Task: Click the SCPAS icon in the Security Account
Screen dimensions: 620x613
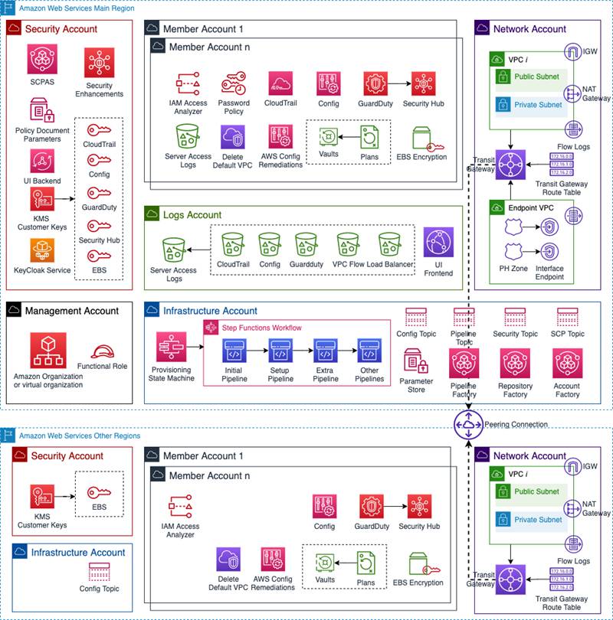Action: pos(43,59)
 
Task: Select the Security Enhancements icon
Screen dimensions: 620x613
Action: pos(100,63)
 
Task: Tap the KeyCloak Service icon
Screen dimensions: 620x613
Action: pos(43,251)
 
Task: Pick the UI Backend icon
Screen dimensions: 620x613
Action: pos(43,162)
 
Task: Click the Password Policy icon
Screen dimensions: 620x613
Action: pos(233,83)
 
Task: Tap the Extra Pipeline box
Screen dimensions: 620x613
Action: pos(325,354)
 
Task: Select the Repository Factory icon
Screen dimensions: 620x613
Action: pos(515,364)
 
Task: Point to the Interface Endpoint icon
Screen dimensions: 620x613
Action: pos(549,252)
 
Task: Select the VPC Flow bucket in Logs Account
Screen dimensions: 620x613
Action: pos(348,244)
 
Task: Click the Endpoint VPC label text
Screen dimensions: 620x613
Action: pos(531,207)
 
